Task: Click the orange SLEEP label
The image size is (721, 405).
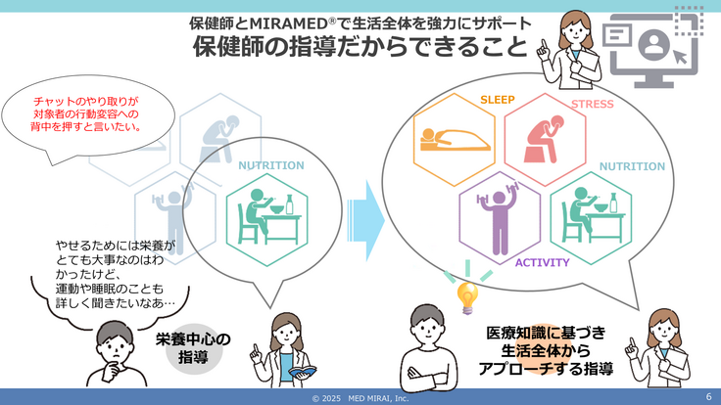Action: pyautogui.click(x=499, y=100)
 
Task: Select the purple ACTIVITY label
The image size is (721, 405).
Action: pyautogui.click(x=543, y=263)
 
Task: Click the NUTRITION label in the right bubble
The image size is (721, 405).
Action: pyautogui.click(x=631, y=166)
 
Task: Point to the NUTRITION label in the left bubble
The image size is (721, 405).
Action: pyautogui.click(x=270, y=165)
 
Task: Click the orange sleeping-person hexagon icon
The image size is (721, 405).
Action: pyautogui.click(x=455, y=143)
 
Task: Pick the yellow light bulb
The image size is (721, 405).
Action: pyautogui.click(x=468, y=292)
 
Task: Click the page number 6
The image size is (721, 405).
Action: pyautogui.click(x=708, y=396)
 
